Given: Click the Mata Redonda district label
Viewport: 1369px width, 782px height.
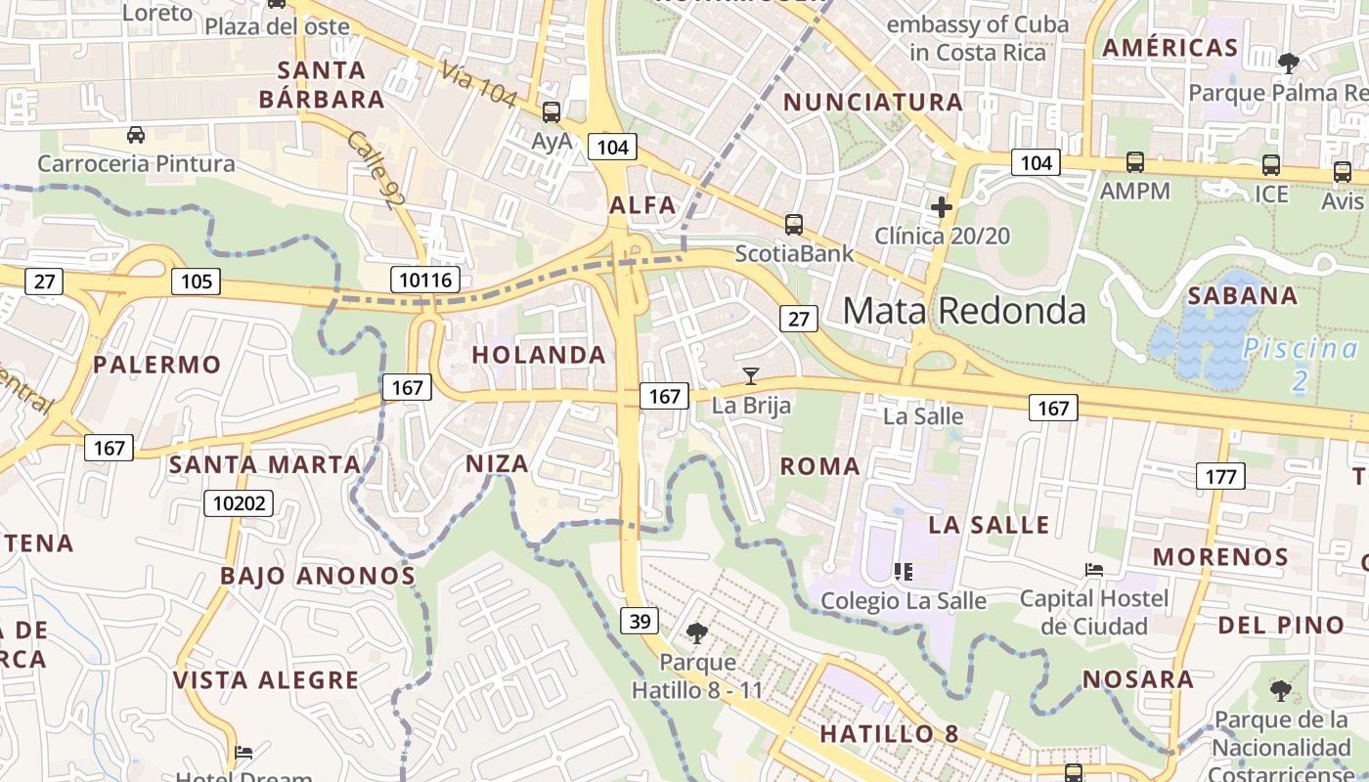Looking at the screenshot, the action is [x=964, y=310].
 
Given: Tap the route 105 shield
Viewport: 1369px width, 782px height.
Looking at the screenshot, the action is [x=197, y=282].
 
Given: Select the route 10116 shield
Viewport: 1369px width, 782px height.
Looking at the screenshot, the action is [x=426, y=281].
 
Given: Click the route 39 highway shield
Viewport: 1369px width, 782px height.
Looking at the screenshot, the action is [x=639, y=621].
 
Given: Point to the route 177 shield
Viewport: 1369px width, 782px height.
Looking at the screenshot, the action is [x=1220, y=476].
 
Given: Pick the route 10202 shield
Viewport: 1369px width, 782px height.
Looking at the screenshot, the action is [x=239, y=503].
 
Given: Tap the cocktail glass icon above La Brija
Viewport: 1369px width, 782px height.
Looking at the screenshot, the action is [x=751, y=375].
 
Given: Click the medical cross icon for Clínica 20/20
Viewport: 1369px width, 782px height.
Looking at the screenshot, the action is [x=942, y=207].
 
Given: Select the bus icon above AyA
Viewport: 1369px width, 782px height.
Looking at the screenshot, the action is [x=552, y=112].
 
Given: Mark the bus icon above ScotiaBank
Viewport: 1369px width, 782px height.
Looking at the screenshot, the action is [x=794, y=224].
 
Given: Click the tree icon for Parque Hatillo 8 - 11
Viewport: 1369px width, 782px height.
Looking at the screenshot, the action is [x=697, y=633].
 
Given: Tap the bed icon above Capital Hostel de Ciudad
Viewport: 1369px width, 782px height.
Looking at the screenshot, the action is [x=1094, y=569].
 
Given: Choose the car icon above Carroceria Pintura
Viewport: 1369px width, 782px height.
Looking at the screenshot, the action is [x=136, y=134].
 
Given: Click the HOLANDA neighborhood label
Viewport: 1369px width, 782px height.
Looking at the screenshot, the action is [x=540, y=355].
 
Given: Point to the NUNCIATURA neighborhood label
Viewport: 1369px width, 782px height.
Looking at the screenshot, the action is [x=873, y=102].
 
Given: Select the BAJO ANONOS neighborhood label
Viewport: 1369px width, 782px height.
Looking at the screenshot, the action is [x=318, y=576].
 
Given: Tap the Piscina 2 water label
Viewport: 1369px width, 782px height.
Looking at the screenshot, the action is [x=1301, y=364].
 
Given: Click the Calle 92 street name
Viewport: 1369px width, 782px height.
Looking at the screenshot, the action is [x=375, y=169].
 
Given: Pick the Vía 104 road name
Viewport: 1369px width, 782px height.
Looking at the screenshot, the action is [x=478, y=83].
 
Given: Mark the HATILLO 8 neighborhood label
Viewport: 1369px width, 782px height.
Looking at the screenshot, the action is [x=889, y=734].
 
